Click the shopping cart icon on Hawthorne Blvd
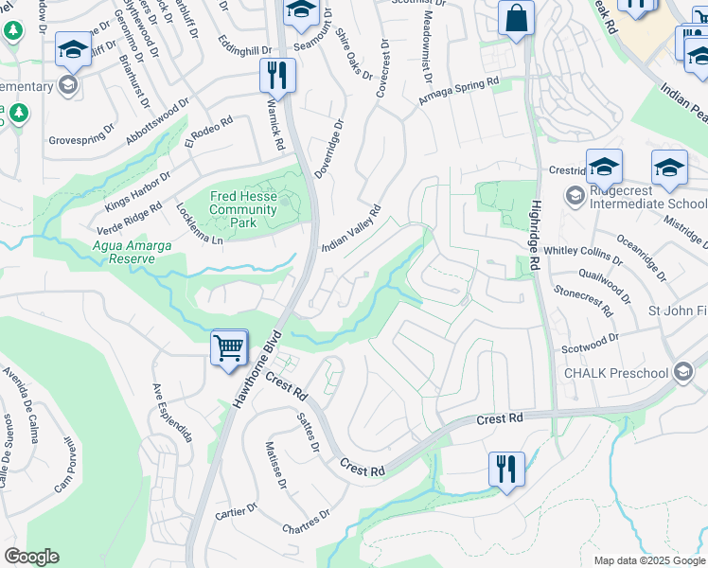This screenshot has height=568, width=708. (229, 347)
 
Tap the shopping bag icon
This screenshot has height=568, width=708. (516, 19)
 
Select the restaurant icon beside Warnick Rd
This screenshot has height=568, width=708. (278, 76)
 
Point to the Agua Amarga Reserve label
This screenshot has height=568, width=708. (132, 252)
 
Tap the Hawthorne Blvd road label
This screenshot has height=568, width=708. (257, 371)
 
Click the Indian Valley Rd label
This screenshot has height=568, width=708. (350, 228)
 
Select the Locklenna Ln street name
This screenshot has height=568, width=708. (198, 224)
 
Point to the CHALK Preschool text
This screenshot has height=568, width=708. (616, 373)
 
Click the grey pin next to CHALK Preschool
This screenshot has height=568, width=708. (683, 373)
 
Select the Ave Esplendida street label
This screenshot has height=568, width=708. (173, 413)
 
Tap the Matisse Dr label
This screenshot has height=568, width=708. (275, 465)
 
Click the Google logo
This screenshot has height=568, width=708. (31, 557)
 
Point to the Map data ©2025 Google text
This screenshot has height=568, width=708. (648, 560)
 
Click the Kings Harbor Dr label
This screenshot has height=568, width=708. (138, 189)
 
